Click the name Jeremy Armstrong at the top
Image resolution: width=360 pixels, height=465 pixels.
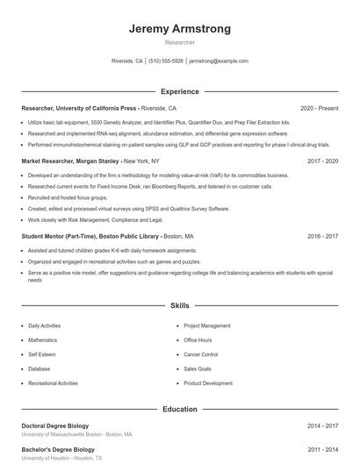coord(180,29)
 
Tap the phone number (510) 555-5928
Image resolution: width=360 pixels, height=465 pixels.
coord(166,61)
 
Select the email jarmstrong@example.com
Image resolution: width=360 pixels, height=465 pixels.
coord(219,61)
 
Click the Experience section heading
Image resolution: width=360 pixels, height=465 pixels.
coord(180,91)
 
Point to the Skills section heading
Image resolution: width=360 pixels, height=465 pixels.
coord(180,306)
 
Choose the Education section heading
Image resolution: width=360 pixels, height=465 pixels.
coord(180,409)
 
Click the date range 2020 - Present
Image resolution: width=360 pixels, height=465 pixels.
coord(319,109)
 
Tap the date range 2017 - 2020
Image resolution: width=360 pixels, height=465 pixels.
coord(322,162)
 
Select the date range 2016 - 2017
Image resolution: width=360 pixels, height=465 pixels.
coord(322,237)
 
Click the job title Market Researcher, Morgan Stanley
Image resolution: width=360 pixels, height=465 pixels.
coord(70,162)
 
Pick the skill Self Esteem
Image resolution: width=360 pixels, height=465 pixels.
coord(41,354)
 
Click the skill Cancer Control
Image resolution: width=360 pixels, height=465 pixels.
coord(200,354)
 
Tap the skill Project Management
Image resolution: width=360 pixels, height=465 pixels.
coord(207,325)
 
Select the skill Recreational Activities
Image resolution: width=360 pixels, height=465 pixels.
coord(53,383)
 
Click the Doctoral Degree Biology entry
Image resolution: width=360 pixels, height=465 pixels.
coord(55,426)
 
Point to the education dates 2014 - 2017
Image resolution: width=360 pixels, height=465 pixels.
coord(322,426)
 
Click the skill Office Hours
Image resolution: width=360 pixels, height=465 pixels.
coord(198,340)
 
